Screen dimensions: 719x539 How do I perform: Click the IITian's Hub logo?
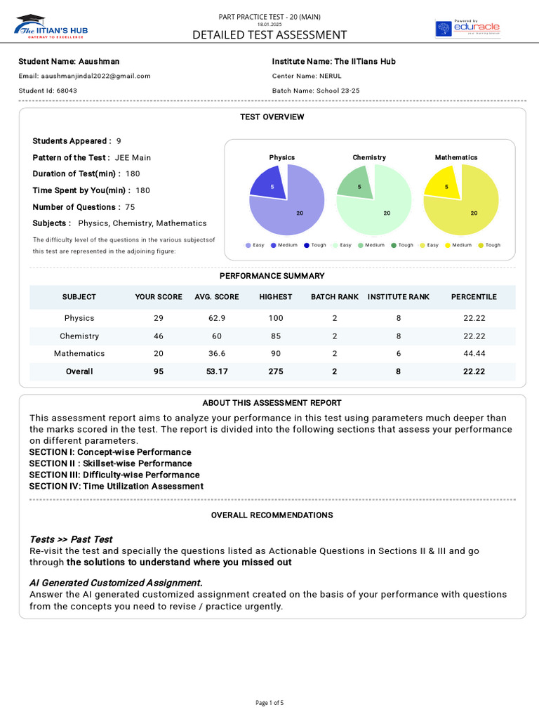click(51, 27)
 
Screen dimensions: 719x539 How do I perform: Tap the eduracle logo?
click(467, 28)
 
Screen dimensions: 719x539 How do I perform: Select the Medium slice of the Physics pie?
click(269, 185)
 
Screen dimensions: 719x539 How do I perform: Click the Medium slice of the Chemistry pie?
click(357, 185)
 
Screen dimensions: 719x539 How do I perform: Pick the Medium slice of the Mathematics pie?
click(443, 185)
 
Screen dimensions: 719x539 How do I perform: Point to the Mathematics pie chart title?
click(456, 157)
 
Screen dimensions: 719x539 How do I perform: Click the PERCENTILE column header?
click(474, 297)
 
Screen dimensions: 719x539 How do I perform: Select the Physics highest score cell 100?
click(276, 318)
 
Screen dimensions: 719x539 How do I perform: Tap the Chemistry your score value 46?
click(159, 336)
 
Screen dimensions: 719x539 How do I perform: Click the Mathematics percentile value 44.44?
click(474, 353)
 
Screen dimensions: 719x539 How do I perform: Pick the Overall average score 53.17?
click(217, 371)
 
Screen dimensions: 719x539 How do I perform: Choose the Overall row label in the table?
click(79, 371)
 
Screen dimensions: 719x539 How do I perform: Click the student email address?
click(95, 76)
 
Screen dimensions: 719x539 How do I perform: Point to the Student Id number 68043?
click(67, 91)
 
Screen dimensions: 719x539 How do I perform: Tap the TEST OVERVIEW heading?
click(272, 117)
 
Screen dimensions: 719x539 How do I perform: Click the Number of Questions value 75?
click(130, 207)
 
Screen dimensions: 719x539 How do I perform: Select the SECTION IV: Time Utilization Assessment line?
click(117, 486)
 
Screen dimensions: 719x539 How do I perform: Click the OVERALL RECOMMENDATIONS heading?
click(272, 515)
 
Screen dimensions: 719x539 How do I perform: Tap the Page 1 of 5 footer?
click(269, 702)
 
